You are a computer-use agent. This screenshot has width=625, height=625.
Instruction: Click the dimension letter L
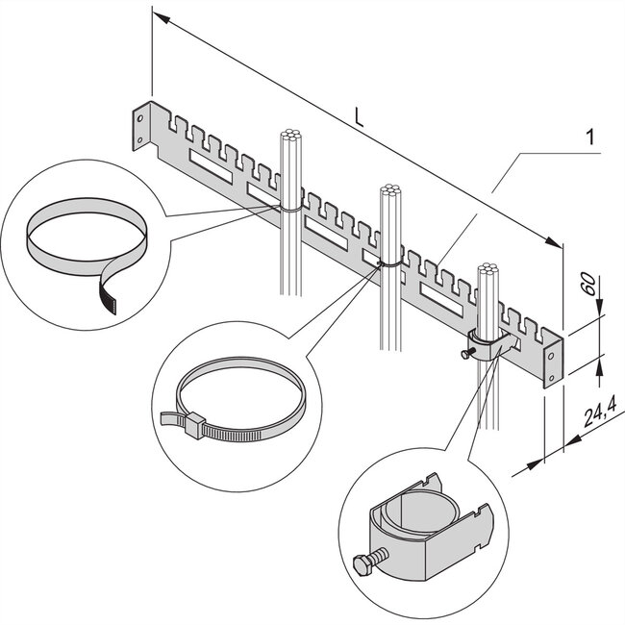coord(360,119)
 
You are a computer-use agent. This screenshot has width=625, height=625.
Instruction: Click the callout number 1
coord(590,137)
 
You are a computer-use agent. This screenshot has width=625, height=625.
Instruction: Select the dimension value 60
coord(590,285)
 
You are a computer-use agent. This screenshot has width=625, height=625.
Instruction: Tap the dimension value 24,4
coord(600,412)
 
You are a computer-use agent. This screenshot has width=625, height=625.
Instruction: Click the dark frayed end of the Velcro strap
coord(109,299)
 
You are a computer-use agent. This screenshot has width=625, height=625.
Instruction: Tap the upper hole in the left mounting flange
coord(140,118)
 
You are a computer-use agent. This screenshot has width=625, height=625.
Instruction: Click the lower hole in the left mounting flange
coord(140,140)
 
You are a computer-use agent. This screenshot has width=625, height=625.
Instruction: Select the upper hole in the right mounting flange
coord(552,356)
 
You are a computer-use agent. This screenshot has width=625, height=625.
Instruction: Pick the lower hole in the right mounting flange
coord(552,377)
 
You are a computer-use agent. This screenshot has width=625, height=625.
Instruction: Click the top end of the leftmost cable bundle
coord(291,135)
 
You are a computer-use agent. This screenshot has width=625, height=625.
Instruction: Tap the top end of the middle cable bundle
coord(390,190)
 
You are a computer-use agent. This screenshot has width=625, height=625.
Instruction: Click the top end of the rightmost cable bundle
coord(487,269)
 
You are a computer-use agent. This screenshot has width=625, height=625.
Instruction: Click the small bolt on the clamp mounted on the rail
coord(468,352)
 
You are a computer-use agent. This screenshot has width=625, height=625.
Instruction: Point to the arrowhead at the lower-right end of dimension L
coord(554,241)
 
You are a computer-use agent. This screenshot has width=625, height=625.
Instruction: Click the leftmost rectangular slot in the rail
coord(211,166)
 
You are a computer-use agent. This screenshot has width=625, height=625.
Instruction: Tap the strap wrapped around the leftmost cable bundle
coord(290,209)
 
